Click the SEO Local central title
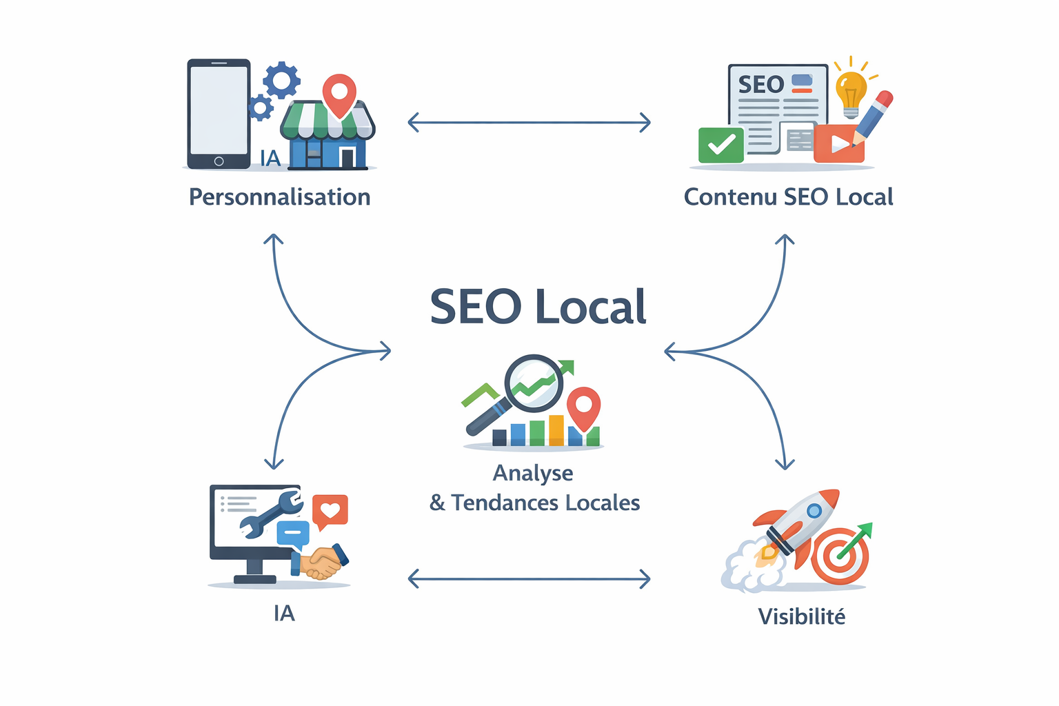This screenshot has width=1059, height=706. coord(538,307)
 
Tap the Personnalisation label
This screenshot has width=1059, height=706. coord(279,197)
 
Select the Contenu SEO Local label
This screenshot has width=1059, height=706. coord(788,197)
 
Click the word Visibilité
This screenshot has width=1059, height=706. coord(801,616)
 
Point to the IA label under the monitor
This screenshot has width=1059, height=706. coord(283,613)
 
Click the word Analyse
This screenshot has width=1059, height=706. coord(533,473)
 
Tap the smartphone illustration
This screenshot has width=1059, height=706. coord(219,113)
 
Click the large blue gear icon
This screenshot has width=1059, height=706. coord(281,80)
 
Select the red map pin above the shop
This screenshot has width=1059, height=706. coord(339,94)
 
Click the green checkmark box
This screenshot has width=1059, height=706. coord(721,145)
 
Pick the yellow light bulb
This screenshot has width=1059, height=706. coord(851,90)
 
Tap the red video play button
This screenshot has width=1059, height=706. coord(838,143)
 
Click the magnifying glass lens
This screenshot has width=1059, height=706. coord(534,383)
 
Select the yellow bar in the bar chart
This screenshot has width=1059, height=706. coord(556,430)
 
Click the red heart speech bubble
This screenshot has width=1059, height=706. coord(330,511)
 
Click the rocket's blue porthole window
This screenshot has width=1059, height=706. coord(814,511)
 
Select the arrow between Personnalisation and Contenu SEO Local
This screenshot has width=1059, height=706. coord(529,123)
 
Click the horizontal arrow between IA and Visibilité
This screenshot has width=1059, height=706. coord(529,578)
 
